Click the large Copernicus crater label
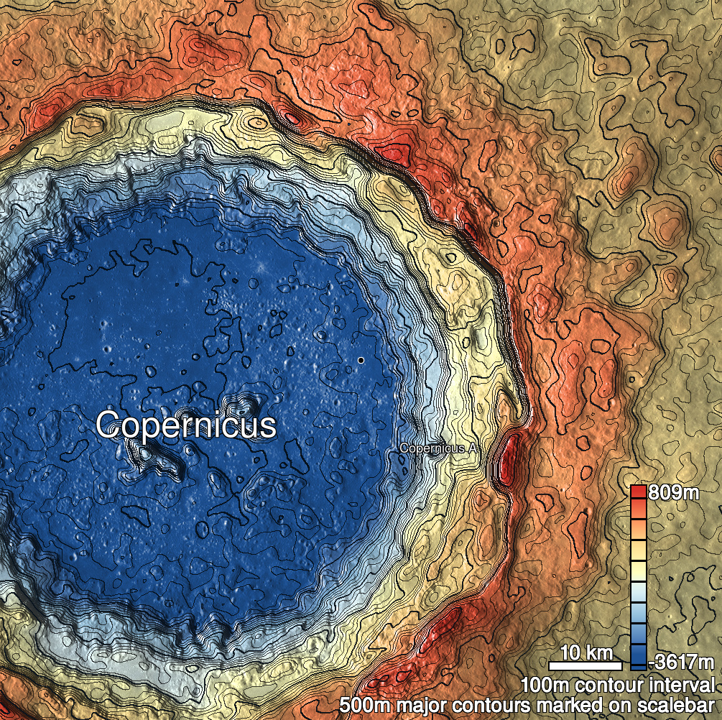click(x=186, y=425)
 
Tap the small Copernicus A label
click(x=438, y=448)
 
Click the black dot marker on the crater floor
click(x=361, y=359)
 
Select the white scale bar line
click(x=586, y=665)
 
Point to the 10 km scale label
click(x=586, y=653)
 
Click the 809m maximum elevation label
click(x=673, y=494)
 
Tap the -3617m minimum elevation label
click(x=682, y=662)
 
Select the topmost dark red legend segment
click(x=638, y=492)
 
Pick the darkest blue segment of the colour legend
click(x=638, y=658)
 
